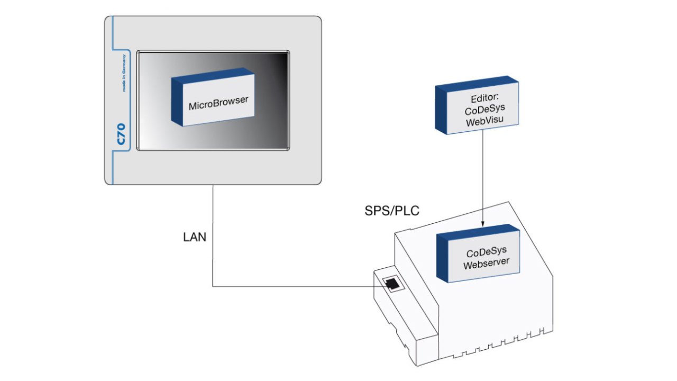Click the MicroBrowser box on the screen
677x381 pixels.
click(213, 97)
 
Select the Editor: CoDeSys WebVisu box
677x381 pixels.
click(477, 105)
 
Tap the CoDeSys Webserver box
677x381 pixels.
click(478, 253)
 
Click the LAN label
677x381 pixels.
click(195, 237)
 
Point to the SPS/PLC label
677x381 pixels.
click(392, 211)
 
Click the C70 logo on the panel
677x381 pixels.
click(121, 134)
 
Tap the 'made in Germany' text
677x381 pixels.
click(124, 73)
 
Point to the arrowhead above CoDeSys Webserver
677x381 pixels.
click(483, 223)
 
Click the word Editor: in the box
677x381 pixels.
click(485, 98)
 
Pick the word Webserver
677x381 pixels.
click(486, 264)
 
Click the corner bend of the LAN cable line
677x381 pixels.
click(213, 286)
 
